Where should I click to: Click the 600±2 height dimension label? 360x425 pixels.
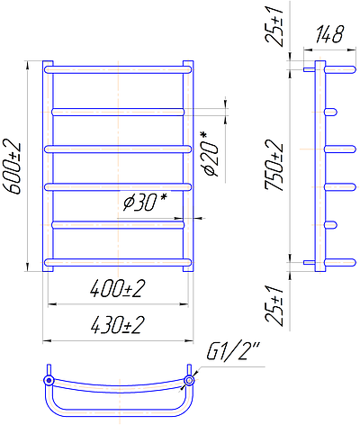tap(13, 167)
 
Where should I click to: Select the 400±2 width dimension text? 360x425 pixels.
tap(117, 289)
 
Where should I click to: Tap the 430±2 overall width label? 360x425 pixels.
tap(117, 325)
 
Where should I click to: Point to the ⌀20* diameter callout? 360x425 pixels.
tap(211, 154)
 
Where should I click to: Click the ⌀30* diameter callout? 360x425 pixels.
tap(145, 202)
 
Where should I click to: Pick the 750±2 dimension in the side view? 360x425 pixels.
tap(274, 166)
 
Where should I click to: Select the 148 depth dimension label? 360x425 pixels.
tap(329, 34)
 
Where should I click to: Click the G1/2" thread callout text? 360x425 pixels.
tap(233, 351)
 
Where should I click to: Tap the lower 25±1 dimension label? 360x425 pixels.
tap(274, 305)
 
